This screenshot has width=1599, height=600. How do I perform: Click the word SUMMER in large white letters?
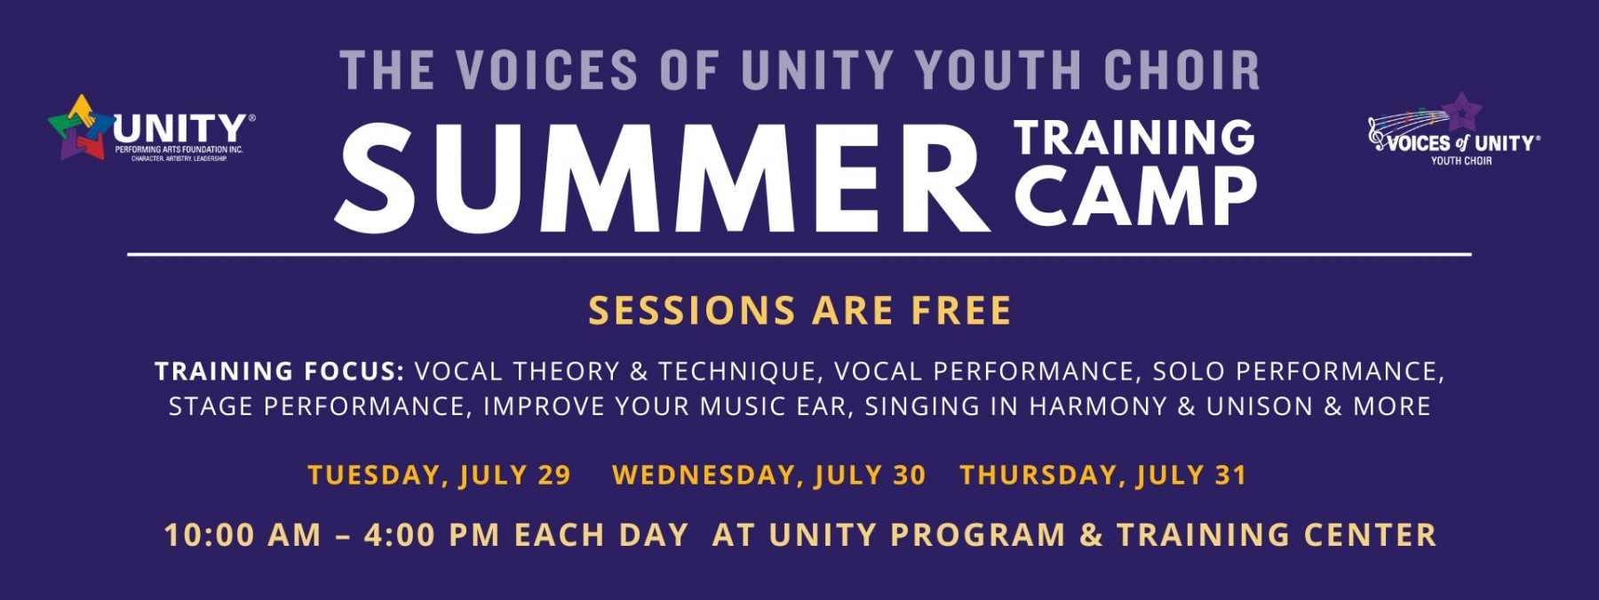pyautogui.click(x=662, y=178)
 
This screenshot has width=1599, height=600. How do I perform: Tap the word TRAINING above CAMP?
pyautogui.click(x=1134, y=137)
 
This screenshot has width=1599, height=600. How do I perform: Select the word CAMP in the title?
pyautogui.click(x=1135, y=197)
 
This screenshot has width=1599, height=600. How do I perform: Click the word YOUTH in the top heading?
pyautogui.click(x=998, y=70)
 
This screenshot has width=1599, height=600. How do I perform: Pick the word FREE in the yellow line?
pyautogui.click(x=961, y=311)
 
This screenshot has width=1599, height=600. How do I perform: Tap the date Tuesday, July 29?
pyautogui.click(x=439, y=476)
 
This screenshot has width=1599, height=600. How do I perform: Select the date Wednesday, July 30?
pyautogui.click(x=768, y=476)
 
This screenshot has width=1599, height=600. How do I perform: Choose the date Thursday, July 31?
pyautogui.click(x=1102, y=476)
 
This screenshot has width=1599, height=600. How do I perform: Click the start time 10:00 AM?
pyautogui.click(x=243, y=535)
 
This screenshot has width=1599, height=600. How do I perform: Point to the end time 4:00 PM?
pyautogui.click(x=432, y=535)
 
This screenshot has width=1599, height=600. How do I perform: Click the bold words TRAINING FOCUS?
pyautogui.click(x=280, y=372)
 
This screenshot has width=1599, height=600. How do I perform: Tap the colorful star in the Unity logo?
pyautogui.click(x=81, y=126)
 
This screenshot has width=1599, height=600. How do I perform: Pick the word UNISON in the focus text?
pyautogui.click(x=1259, y=407)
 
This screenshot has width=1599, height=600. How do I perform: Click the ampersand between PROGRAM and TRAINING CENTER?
pyautogui.click(x=1091, y=535)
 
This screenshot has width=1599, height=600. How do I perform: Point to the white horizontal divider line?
pyautogui.click(x=799, y=254)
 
